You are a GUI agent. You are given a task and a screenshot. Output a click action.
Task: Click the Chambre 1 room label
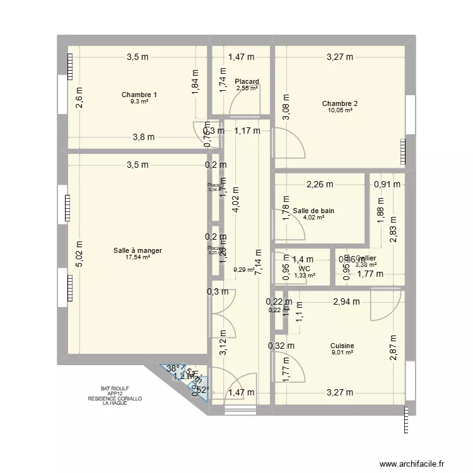pyautogui.click(x=139, y=95)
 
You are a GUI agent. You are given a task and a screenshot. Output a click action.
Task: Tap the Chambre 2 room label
pyautogui.click(x=340, y=103)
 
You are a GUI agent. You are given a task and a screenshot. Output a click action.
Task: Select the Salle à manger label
pyautogui.click(x=137, y=250)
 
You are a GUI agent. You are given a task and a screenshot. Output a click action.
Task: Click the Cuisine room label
pyautogui.click(x=342, y=346)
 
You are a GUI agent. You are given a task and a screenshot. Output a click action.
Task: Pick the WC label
pyautogui.click(x=305, y=268)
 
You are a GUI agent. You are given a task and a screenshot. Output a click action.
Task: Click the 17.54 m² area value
pyautogui.click(x=137, y=257)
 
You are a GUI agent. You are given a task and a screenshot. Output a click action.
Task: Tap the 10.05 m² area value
pyautogui.click(x=340, y=110)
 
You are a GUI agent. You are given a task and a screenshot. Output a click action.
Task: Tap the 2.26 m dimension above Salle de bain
pyautogui.click(x=320, y=184)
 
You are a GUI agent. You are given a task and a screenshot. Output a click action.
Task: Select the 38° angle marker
pyautogui.click(x=172, y=368)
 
